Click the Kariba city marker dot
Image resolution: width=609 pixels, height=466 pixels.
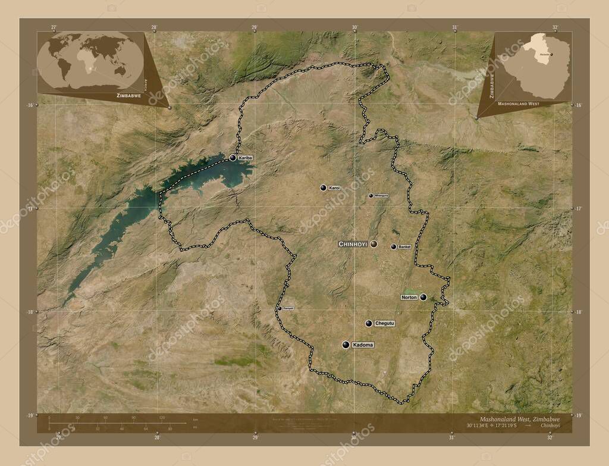click(233, 158)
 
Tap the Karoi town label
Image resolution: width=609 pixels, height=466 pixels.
click(334, 188)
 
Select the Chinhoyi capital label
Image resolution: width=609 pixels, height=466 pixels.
click(353, 244)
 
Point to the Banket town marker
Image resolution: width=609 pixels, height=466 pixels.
click(393, 247)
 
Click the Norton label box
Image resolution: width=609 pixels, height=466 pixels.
click(409, 297)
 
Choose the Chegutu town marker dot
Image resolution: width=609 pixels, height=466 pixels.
click(369, 323)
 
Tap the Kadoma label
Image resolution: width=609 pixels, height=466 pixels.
click(363, 345)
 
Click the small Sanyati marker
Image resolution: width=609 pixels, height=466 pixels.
click(280, 308)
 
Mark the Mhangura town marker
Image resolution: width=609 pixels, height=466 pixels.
click(371, 195)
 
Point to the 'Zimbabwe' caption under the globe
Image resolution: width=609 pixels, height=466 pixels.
click(130, 95)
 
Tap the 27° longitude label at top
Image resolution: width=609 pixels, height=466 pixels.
click(54, 27)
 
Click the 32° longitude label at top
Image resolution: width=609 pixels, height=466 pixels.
click(554, 27)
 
